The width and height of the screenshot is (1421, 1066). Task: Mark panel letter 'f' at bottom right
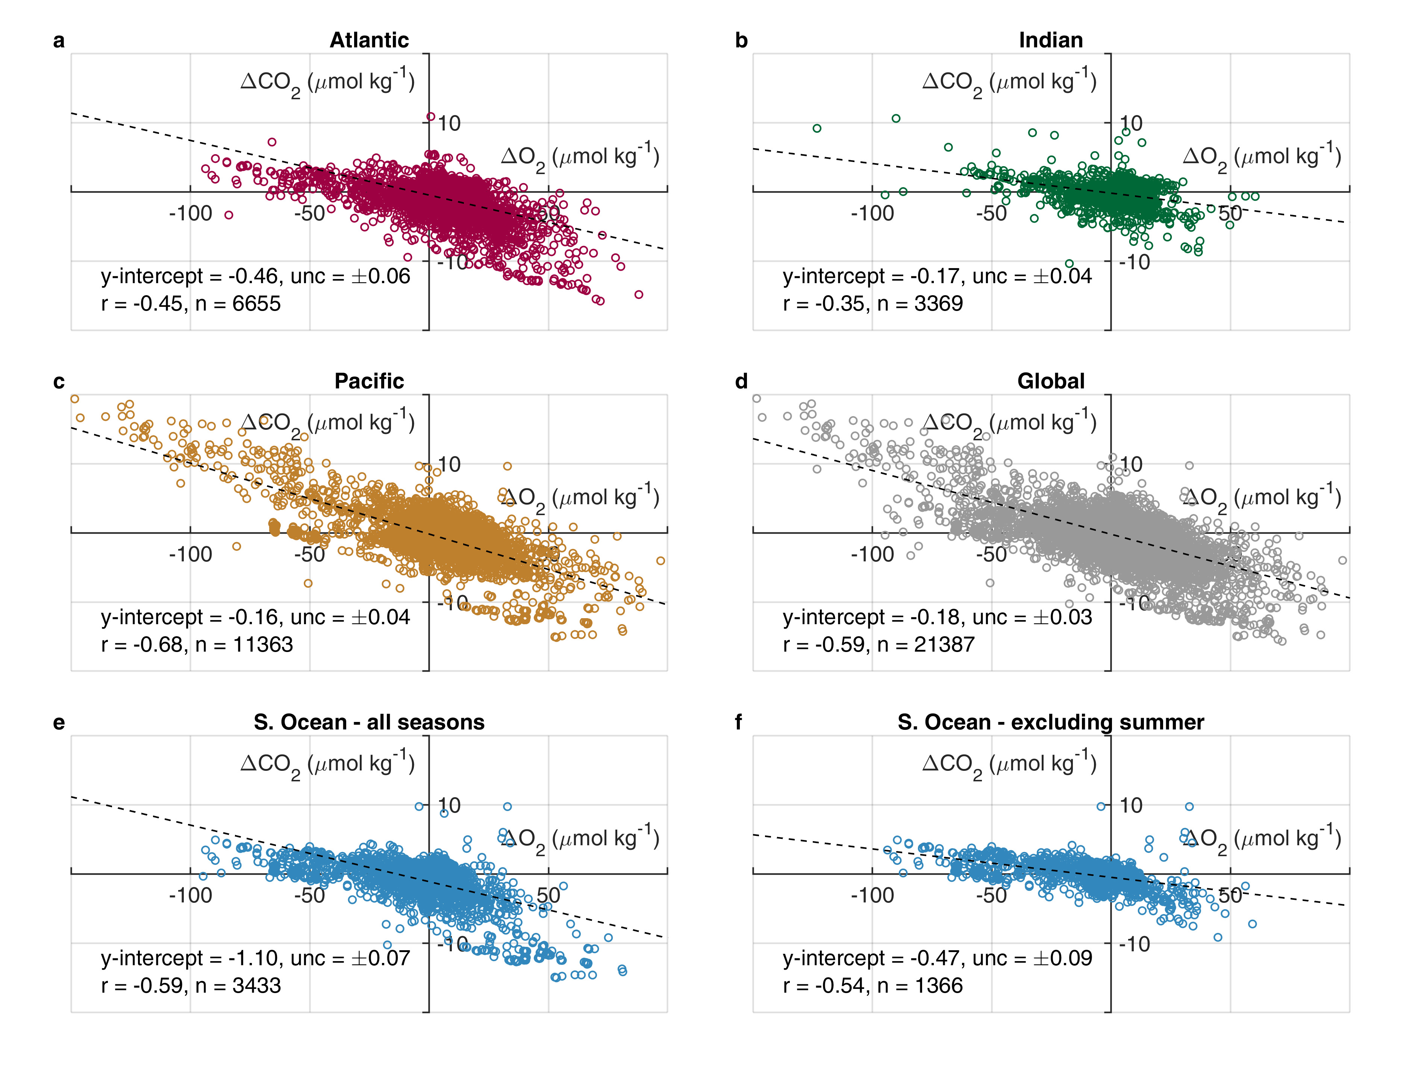pyautogui.click(x=739, y=722)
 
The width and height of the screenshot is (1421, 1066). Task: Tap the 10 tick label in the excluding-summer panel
pyautogui.click(x=1131, y=805)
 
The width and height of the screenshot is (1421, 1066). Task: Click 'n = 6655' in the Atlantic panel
pyautogui.click(x=238, y=304)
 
